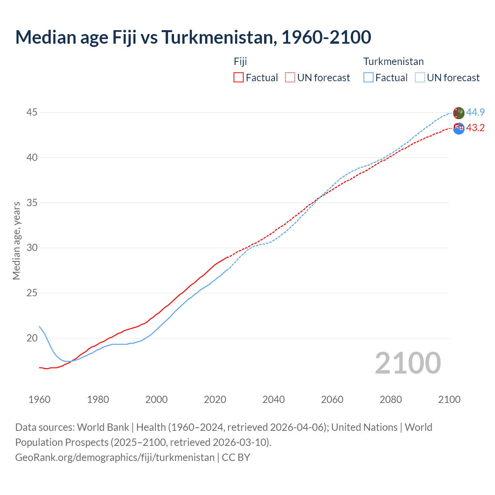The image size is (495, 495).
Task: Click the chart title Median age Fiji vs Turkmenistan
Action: pyautogui.click(x=193, y=37)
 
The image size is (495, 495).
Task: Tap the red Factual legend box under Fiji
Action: pyautogui.click(x=239, y=77)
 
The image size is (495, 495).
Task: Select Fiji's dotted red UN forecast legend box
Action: pyautogui.click(x=290, y=77)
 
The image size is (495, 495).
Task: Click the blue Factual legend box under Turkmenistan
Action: pyautogui.click(x=369, y=77)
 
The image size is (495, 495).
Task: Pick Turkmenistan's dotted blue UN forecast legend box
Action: pyautogui.click(x=420, y=77)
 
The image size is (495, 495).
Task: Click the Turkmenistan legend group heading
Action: pyautogui.click(x=393, y=61)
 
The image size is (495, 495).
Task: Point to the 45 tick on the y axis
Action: pyautogui.click(x=32, y=113)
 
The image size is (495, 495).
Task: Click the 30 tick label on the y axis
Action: pyautogui.click(x=32, y=248)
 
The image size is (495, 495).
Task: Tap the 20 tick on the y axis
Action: pyautogui.click(x=32, y=338)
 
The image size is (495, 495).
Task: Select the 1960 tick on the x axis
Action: pyautogui.click(x=39, y=399)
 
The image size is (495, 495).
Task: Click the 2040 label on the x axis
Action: pyautogui.click(x=273, y=399)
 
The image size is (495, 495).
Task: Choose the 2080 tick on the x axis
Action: pyautogui.click(x=391, y=399)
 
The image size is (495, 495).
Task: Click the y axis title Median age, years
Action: pyautogui.click(x=16, y=241)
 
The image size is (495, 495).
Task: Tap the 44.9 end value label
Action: pyautogui.click(x=475, y=113)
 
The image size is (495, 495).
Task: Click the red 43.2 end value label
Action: pyautogui.click(x=475, y=128)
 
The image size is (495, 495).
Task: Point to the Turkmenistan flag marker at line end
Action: pyautogui.click(x=458, y=113)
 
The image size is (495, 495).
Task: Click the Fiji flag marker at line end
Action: pyautogui.click(x=459, y=128)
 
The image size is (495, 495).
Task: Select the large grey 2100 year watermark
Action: pyautogui.click(x=408, y=363)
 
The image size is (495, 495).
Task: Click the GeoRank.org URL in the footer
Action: pyautogui.click(x=115, y=457)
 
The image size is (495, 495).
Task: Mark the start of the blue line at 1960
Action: pyautogui.click(x=39, y=326)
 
